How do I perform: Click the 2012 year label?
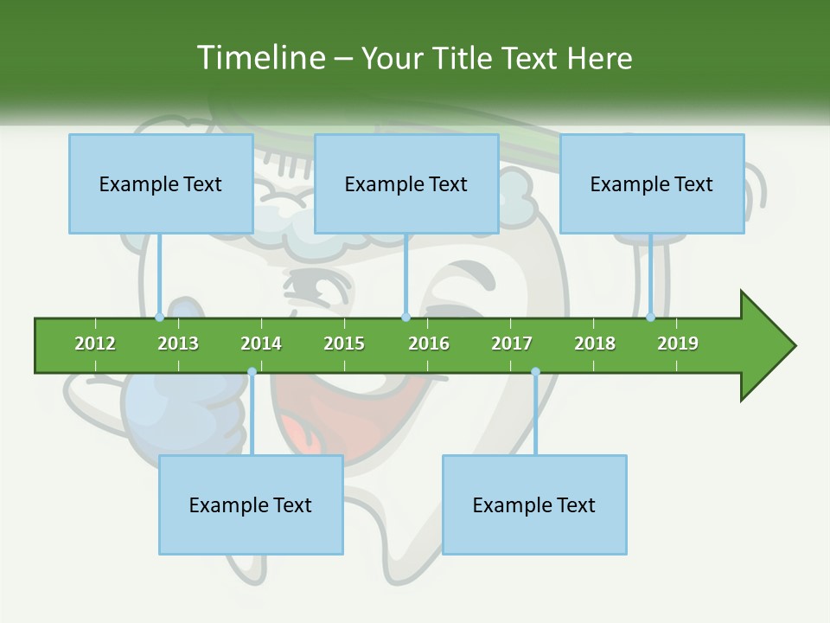pos(95,344)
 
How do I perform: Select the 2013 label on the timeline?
pos(178,344)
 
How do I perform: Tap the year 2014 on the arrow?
pos(261,344)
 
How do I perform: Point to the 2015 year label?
pos(344,344)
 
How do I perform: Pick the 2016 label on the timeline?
pos(429,344)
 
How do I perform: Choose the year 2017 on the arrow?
pos(512,344)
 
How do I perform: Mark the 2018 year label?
pos(595,344)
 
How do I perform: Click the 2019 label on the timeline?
pos(678,344)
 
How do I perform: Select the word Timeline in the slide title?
pos(260,58)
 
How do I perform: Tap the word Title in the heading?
pos(465,58)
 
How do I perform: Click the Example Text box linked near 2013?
pos(161,183)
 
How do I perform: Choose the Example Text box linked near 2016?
pos(406,183)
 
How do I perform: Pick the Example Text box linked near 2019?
pos(652,183)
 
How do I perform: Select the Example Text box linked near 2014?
pos(251,504)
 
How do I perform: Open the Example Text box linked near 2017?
pos(534,504)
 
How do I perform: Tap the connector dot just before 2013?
pos(159,317)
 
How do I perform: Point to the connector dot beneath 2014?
pos(252,372)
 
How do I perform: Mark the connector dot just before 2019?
pos(650,317)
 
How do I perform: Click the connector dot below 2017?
pos(535,372)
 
